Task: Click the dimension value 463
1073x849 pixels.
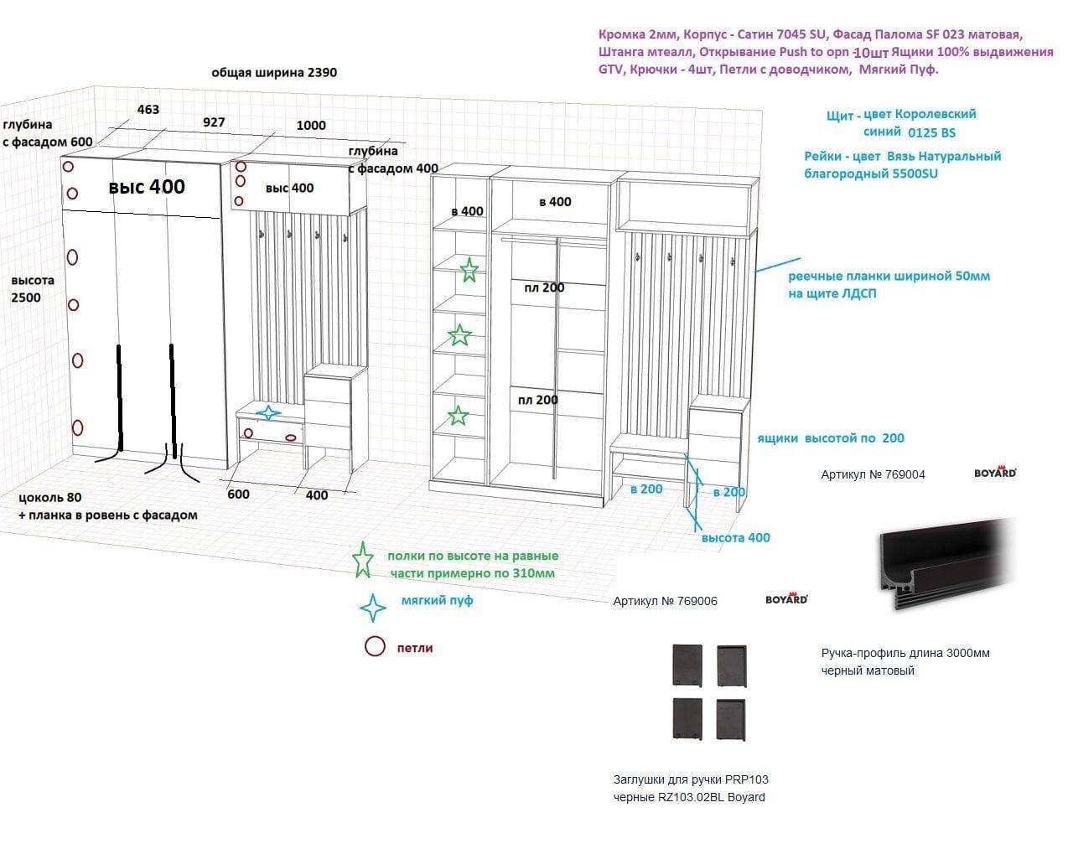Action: (x=148, y=109)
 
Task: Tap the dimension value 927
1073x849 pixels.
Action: (x=214, y=122)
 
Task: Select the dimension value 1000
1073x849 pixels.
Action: (x=311, y=125)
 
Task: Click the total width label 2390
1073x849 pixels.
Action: (x=322, y=72)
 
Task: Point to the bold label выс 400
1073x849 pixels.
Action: (x=147, y=186)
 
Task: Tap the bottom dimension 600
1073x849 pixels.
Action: (x=239, y=494)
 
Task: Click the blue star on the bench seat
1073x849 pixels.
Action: (x=268, y=412)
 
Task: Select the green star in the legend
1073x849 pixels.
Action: (x=363, y=560)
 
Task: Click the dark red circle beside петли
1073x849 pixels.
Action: (x=375, y=647)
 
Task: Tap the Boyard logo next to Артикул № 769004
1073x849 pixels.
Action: (x=995, y=473)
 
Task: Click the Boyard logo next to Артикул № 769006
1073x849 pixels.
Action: (x=786, y=599)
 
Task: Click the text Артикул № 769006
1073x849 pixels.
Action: (x=665, y=601)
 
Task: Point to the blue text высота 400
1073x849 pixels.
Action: (x=735, y=537)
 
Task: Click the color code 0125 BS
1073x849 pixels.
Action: (x=930, y=132)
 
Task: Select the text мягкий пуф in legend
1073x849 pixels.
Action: (x=437, y=601)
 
